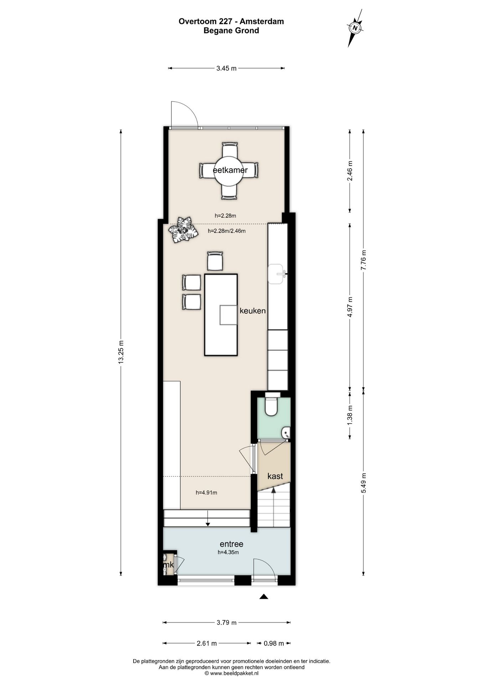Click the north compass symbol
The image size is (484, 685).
coord(355,28)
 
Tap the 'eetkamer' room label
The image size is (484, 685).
coord(230,170)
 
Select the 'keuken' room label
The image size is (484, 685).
coord(253,311)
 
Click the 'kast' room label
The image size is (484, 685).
coord(275,476)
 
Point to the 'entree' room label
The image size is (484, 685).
coord(232,544)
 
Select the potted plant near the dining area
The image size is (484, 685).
coord(183,230)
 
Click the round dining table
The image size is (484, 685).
coord(228,171)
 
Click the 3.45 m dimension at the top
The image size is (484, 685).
coord(226,68)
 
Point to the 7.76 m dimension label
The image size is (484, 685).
coord(364,260)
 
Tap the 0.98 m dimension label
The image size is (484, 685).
coord(274,643)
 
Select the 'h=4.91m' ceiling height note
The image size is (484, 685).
coord(206,493)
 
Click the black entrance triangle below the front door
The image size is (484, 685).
coord(264,596)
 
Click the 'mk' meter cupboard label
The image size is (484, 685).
coord(169,565)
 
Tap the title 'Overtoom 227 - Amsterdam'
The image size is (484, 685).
coord(231,21)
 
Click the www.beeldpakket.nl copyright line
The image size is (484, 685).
coord(232,673)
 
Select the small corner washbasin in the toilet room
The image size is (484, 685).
coord(286,433)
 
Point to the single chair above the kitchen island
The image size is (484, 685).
coord(215,261)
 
